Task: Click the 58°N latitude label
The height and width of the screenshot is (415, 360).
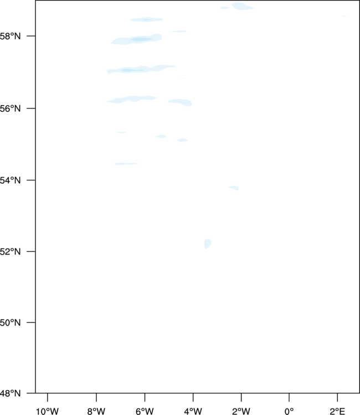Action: (x=10, y=36)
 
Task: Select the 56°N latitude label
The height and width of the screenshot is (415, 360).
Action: (x=10, y=108)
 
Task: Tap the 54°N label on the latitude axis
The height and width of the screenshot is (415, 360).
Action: (x=10, y=180)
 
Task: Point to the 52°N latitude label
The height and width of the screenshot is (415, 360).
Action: (x=10, y=251)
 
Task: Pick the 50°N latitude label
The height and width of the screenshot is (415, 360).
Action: (x=10, y=323)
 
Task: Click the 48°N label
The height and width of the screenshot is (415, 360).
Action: (x=10, y=393)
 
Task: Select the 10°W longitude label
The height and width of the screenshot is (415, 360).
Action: (x=47, y=411)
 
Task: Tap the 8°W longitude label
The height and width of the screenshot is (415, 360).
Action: (x=96, y=411)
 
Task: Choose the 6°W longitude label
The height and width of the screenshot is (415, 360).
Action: (x=145, y=411)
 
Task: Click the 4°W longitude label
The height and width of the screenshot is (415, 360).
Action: (x=193, y=411)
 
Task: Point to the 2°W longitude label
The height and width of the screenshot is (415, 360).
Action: (x=241, y=411)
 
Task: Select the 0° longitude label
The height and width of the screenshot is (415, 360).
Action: (x=289, y=411)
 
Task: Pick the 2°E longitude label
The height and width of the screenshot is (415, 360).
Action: (x=337, y=411)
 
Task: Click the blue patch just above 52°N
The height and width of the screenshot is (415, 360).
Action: (x=208, y=244)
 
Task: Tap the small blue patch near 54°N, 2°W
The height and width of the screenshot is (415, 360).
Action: (x=234, y=188)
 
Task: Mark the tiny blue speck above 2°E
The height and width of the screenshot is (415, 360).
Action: (x=344, y=16)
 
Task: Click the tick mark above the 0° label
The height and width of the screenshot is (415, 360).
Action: (x=289, y=397)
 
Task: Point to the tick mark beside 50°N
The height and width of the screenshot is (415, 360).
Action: (x=31, y=323)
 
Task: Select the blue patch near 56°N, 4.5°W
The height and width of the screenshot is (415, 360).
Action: (x=181, y=102)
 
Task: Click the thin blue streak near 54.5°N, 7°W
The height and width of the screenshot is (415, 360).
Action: (x=126, y=164)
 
